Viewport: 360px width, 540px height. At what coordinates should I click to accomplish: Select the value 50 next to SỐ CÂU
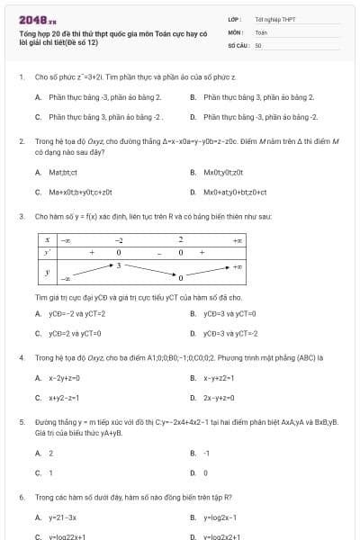tap(258, 44)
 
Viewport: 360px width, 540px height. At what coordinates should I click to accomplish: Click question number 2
tap(22, 141)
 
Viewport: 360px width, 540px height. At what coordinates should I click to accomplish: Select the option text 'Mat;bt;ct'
tap(63, 171)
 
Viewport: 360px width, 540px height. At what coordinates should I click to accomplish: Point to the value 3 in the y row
tap(119, 265)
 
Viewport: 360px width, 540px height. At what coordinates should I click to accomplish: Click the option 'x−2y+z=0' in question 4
tap(64, 378)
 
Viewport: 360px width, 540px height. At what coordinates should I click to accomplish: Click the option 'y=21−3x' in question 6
tap(62, 517)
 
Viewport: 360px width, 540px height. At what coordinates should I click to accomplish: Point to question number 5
tap(22, 420)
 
